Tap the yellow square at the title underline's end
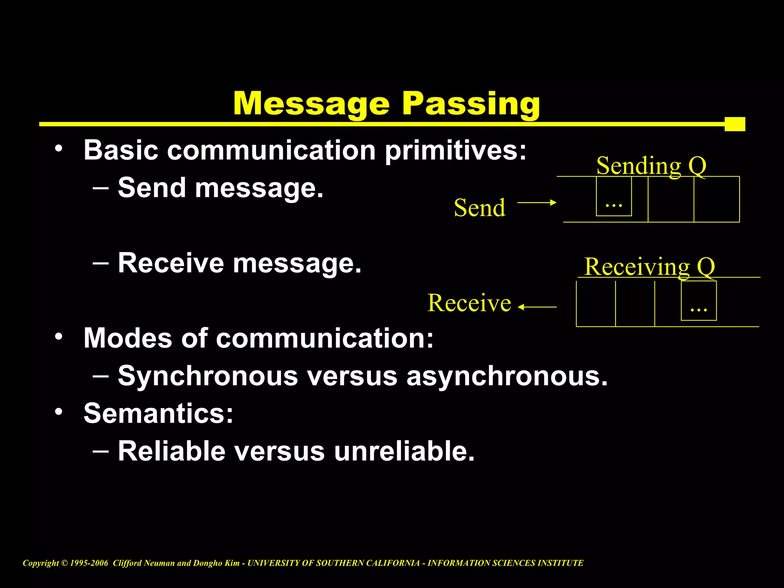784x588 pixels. click(x=735, y=124)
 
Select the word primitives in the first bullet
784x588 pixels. click(x=456, y=150)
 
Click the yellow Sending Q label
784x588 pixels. click(x=651, y=166)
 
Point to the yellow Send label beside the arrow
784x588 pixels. click(x=480, y=208)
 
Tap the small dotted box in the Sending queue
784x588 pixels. click(x=614, y=196)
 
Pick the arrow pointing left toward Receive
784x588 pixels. click(x=537, y=307)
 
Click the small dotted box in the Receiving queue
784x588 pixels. click(x=699, y=301)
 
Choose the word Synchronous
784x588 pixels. click(x=208, y=376)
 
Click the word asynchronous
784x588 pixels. click(x=507, y=376)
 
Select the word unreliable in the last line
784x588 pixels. click(x=404, y=451)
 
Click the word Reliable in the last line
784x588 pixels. click(x=171, y=451)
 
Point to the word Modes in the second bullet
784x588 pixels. click(x=128, y=338)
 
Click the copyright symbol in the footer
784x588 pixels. click(x=65, y=563)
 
